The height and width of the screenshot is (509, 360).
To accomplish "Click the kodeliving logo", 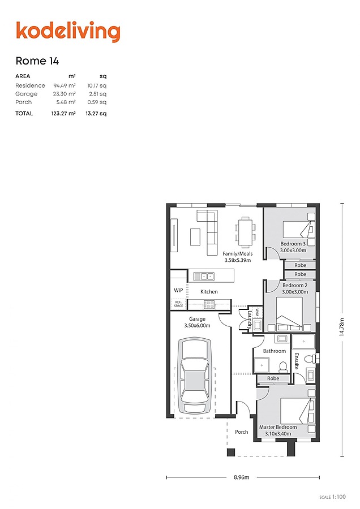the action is point(68,32).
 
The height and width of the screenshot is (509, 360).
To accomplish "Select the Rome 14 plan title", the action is point(37,61).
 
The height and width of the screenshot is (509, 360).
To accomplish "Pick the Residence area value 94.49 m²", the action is point(65,86).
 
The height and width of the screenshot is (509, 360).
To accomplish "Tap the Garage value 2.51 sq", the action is point(97,94).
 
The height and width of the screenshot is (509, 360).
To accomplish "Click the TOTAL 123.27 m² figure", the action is point(63,113).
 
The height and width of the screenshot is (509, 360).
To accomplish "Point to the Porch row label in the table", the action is point(24,102).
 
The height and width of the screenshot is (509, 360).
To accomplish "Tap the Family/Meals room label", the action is point(238,253).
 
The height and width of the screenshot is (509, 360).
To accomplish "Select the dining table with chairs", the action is point(245,231).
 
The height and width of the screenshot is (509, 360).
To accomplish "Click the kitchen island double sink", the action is point(204,276).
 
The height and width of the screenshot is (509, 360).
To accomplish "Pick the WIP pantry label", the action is point(178,290).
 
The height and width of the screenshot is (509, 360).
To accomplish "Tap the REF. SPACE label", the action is point(178,304).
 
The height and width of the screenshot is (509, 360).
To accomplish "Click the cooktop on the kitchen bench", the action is point(209,304).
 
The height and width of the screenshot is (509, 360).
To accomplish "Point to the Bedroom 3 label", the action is point(293,244).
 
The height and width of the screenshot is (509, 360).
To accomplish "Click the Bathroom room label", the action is point(275,351).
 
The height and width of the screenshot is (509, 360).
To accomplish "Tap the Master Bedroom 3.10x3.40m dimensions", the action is point(278,434).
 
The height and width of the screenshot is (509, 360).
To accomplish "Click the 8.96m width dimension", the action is point(242,477).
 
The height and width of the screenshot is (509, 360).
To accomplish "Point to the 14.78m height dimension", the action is point(342,327).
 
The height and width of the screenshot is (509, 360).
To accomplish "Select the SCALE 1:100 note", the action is point(333,497).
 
